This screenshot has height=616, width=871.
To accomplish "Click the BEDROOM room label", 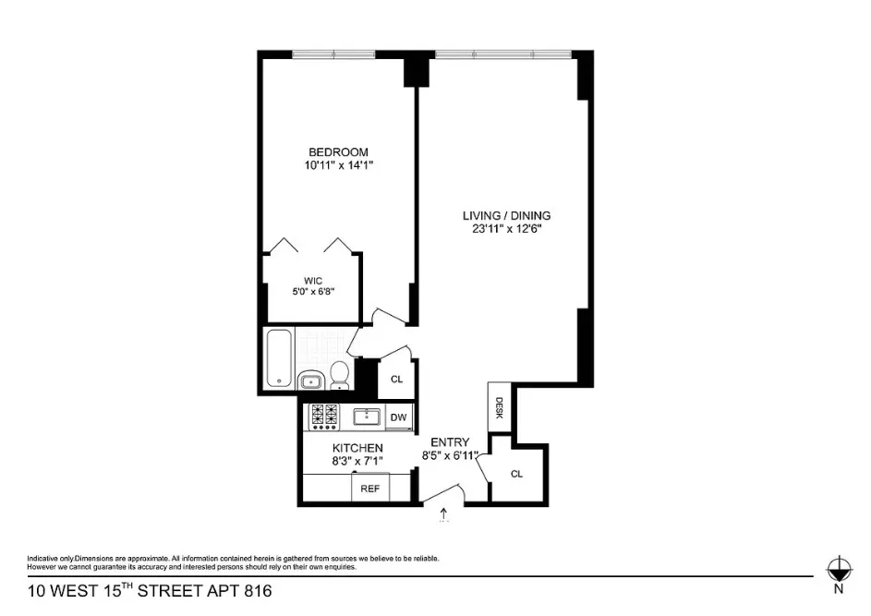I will click(x=338, y=152).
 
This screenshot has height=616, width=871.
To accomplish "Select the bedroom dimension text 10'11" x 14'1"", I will click(x=338, y=166).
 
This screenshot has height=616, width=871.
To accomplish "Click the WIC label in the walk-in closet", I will click(x=312, y=281).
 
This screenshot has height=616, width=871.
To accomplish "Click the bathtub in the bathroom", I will click(x=280, y=358).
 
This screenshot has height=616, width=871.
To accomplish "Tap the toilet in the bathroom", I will click(x=339, y=375).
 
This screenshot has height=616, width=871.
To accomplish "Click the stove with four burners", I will click(x=324, y=417).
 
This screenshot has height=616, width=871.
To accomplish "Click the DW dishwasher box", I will click(x=399, y=417).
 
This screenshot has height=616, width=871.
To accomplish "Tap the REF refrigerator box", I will click(x=370, y=488).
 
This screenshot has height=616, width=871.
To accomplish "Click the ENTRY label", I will click(x=450, y=442).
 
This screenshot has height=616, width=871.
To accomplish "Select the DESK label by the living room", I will click(x=498, y=407).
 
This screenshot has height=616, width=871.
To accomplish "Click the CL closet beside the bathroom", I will click(x=396, y=380).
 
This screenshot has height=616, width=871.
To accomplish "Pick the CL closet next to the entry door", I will click(x=516, y=474).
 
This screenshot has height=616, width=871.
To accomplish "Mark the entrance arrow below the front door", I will click(x=443, y=513).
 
